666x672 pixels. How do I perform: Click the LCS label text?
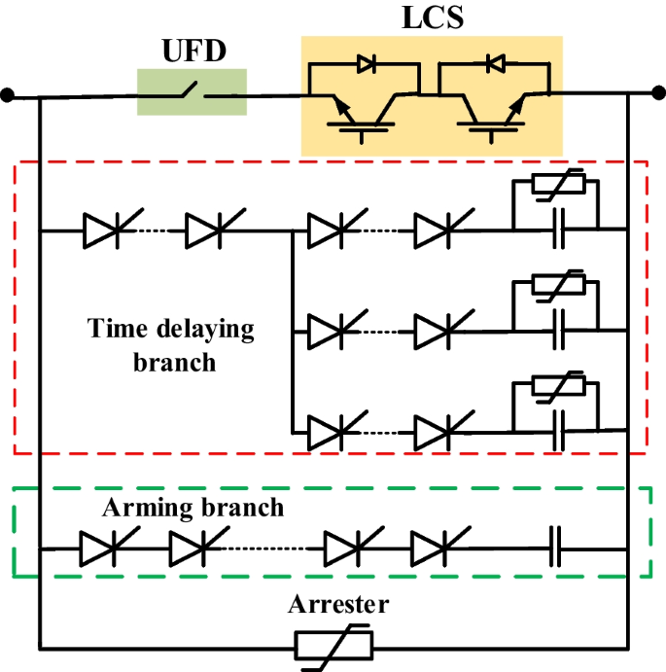click(x=432, y=18)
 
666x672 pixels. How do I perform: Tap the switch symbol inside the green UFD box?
click(x=191, y=94)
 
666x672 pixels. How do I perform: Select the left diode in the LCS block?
click(x=367, y=64)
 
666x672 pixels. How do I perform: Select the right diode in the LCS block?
click(x=495, y=64)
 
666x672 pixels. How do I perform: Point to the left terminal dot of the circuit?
click(x=8, y=95)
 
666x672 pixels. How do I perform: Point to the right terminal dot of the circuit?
click(x=658, y=94)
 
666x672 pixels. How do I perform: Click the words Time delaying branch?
click(x=171, y=344)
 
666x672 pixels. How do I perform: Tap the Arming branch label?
click(x=194, y=507)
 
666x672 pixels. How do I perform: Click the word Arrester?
click(x=337, y=605)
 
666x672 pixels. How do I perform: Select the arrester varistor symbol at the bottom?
click(x=333, y=646)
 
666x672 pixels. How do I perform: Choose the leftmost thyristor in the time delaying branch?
click(x=103, y=230)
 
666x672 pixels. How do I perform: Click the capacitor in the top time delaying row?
click(x=557, y=230)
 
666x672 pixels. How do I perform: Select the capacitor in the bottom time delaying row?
click(x=557, y=429)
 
